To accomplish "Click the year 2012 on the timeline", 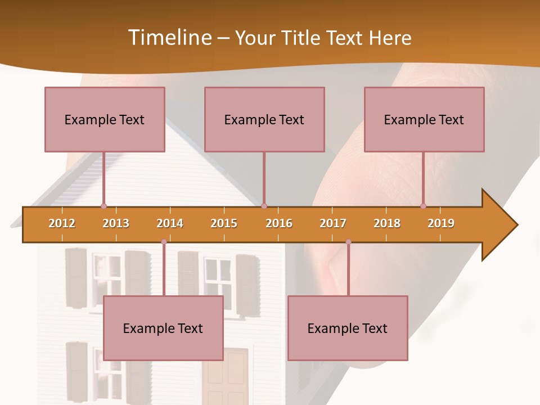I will coord(62,223).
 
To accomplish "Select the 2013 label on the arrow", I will coord(116,223).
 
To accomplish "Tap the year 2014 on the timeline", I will coord(170,223).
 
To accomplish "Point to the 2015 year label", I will coord(224,223).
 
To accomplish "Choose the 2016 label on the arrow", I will coord(279,223).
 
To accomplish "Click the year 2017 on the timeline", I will coord(333,223).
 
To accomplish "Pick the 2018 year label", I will coord(387,223).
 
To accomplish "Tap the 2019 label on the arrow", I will coord(441,223).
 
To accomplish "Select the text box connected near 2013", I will coord(105,119).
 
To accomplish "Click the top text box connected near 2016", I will coord(264,119).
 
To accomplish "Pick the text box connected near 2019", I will coord(424,119).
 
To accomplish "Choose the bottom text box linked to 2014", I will coord(163,328).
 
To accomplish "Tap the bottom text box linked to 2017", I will coord(348,328).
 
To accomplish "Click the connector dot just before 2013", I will coord(103,206).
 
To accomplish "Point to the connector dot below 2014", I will coord(164,242).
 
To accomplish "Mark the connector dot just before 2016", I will coord(264,206).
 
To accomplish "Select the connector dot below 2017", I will coord(348,242).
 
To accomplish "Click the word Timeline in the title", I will coord(169,38).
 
